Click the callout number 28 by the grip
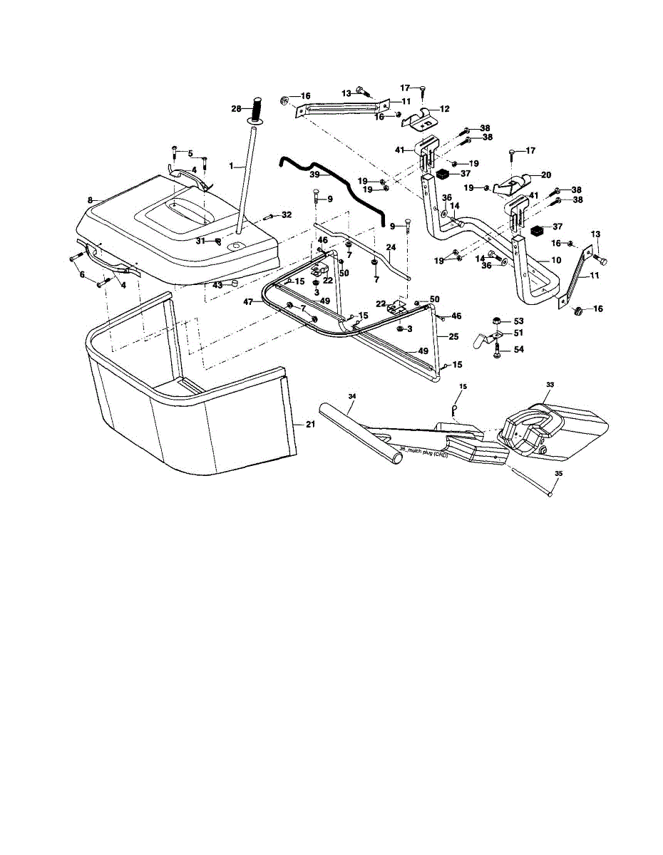pyautogui.click(x=235, y=108)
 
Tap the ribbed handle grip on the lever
pyautogui.click(x=255, y=110)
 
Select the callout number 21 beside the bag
pyautogui.click(x=309, y=425)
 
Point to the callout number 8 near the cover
pyautogui.click(x=90, y=202)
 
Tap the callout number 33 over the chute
pyautogui.click(x=550, y=384)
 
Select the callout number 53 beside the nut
pyautogui.click(x=518, y=321)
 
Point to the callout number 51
pyautogui.click(x=518, y=332)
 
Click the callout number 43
pyautogui.click(x=217, y=285)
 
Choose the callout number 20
pyautogui.click(x=545, y=175)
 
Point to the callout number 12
pyautogui.click(x=445, y=109)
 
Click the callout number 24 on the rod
pyautogui.click(x=391, y=247)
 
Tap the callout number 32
pyautogui.click(x=286, y=214)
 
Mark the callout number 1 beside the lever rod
pyautogui.click(x=231, y=165)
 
